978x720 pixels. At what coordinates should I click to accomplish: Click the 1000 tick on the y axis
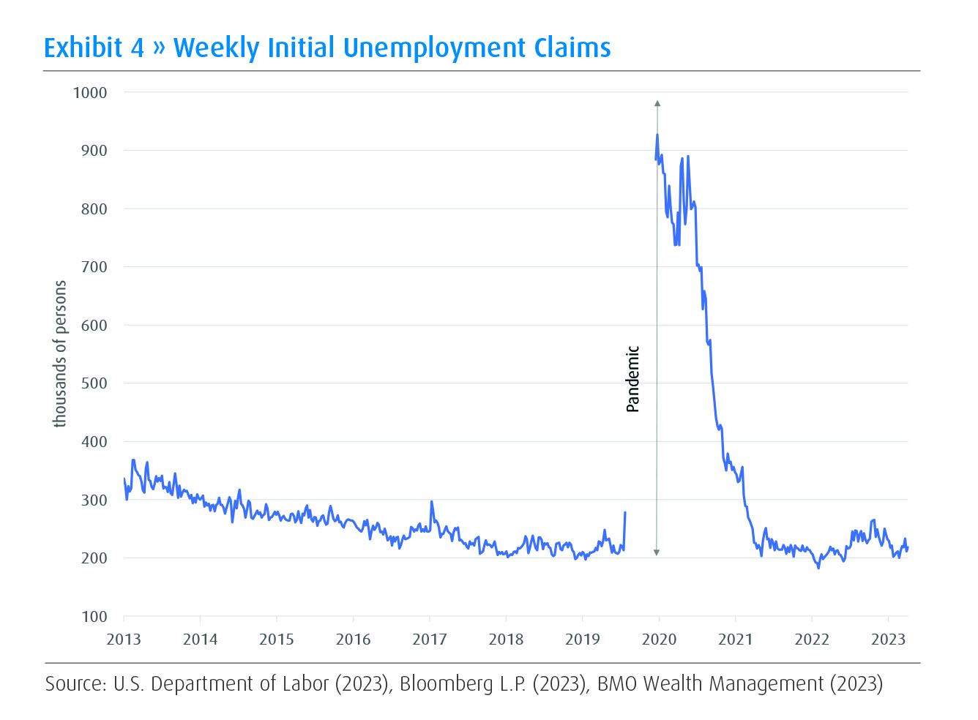click(90, 93)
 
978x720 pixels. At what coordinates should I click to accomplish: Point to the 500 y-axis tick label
click(94, 383)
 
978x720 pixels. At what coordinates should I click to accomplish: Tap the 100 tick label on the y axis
click(94, 617)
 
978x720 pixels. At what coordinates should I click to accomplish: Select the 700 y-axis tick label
click(94, 267)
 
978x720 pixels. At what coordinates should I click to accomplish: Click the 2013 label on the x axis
click(124, 640)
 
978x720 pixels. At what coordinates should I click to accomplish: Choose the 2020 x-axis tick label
click(659, 640)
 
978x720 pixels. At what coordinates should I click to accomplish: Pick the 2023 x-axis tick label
click(888, 640)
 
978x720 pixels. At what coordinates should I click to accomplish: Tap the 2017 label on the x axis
click(430, 640)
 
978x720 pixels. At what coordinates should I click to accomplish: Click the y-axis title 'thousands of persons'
click(60, 353)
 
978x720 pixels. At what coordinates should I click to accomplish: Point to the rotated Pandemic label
click(633, 379)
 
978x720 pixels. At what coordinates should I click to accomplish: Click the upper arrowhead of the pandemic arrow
click(657, 104)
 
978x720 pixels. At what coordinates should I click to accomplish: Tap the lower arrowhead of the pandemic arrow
click(657, 552)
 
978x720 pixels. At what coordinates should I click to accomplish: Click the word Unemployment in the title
click(434, 48)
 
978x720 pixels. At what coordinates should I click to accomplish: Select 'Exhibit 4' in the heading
click(94, 48)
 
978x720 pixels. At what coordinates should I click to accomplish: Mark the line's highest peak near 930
click(657, 135)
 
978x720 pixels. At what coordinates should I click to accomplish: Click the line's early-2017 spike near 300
click(432, 502)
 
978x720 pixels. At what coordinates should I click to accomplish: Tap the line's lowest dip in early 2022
click(818, 568)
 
